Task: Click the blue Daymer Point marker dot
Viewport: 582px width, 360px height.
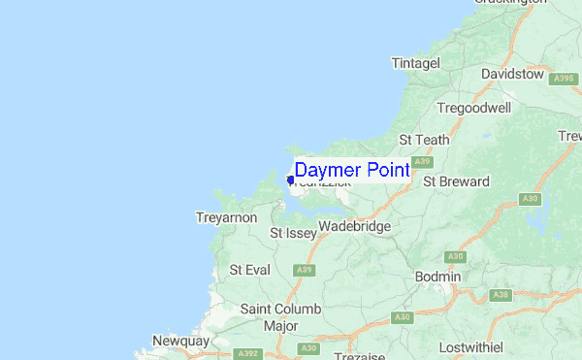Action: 290,180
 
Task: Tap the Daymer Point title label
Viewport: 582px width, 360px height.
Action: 351,170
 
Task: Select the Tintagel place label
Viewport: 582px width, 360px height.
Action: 415,63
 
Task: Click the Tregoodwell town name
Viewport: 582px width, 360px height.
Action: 473,108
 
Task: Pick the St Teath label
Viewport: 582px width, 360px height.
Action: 424,140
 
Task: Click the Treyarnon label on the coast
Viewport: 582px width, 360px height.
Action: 226,217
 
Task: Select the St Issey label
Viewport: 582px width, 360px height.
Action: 291,233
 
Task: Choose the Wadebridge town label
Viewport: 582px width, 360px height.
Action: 354,226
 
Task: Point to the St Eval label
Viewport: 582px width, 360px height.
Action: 249,269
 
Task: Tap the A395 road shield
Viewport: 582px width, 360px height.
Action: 563,79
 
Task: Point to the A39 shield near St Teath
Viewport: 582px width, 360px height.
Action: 421,161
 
